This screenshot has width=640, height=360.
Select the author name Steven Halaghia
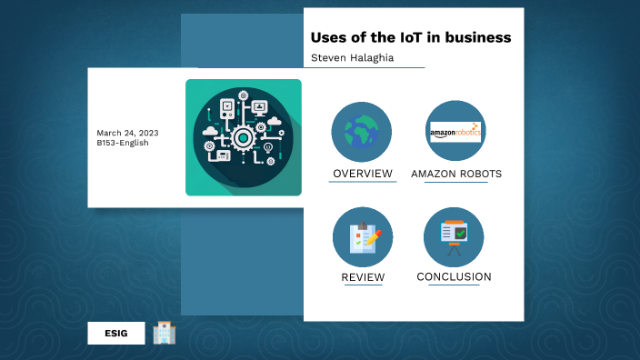351,57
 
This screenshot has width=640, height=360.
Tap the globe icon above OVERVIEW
362,132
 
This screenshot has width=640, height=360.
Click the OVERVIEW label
363,174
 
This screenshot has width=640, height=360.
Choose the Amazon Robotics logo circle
455,132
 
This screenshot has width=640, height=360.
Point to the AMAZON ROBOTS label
456,174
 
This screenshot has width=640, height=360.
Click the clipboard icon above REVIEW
363,236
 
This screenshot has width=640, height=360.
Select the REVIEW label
363,277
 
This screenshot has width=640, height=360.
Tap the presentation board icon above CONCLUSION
454,236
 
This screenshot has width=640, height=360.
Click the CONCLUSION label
454,277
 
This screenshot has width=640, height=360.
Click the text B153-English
123,143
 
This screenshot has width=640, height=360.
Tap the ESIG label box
116,334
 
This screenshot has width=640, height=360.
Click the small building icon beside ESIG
165,333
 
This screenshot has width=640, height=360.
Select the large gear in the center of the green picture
243,138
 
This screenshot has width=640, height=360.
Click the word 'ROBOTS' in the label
479,174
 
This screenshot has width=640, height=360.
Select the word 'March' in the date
110,133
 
